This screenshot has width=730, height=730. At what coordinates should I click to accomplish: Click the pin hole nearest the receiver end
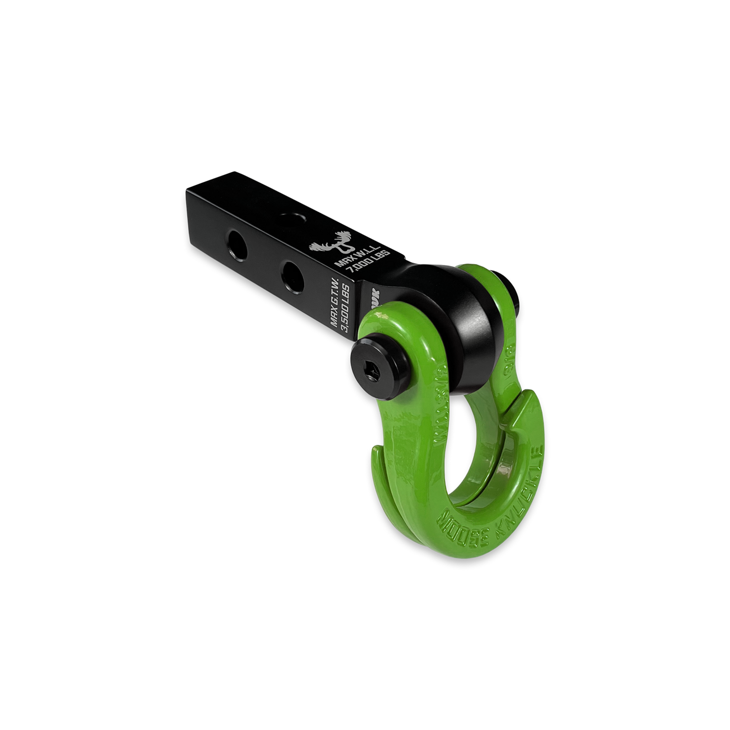coord(237,241)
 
